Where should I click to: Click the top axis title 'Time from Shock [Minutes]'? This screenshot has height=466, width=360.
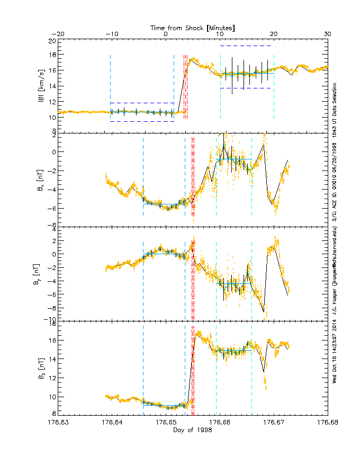tap(193, 27)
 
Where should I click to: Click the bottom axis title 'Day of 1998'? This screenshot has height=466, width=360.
tap(193, 430)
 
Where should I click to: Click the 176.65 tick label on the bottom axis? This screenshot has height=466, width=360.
tap(166, 423)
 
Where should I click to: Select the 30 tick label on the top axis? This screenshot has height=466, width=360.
tap(327, 34)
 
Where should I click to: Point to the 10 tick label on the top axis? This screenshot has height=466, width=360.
tap(220, 34)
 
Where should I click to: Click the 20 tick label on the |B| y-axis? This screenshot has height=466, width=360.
tap(51, 40)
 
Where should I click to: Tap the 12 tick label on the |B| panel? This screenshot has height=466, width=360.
tap(51, 101)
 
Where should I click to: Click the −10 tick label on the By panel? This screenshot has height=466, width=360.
tap(49, 319)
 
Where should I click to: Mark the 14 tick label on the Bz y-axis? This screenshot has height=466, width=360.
tap(51, 359)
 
